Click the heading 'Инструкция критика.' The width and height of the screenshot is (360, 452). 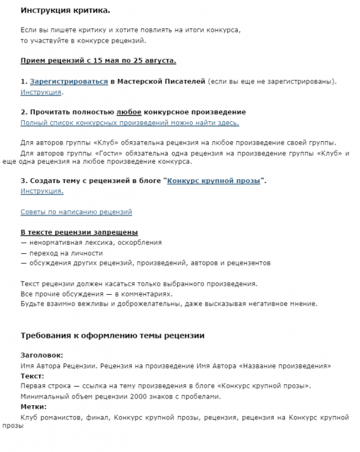pos(65,11)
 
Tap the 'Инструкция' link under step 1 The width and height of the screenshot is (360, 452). pos(41,92)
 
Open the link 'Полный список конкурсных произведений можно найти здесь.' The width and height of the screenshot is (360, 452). pos(130,122)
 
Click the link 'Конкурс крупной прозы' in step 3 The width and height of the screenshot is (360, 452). pos(214,181)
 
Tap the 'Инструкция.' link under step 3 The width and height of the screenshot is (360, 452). pos(42,191)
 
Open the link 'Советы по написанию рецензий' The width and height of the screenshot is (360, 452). pos(76,212)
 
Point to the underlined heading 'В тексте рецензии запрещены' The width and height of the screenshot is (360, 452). pos(79,232)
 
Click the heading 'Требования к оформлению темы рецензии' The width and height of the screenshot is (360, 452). pos(113,336)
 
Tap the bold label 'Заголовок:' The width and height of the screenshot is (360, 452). pos(41,355)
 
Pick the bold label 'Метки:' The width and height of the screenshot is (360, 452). pos(34,406)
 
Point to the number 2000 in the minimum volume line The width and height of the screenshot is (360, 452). pos(134,396)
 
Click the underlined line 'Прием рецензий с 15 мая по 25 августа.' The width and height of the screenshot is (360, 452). pos(98,61)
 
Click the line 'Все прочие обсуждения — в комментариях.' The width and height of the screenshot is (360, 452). pos(97,294)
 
